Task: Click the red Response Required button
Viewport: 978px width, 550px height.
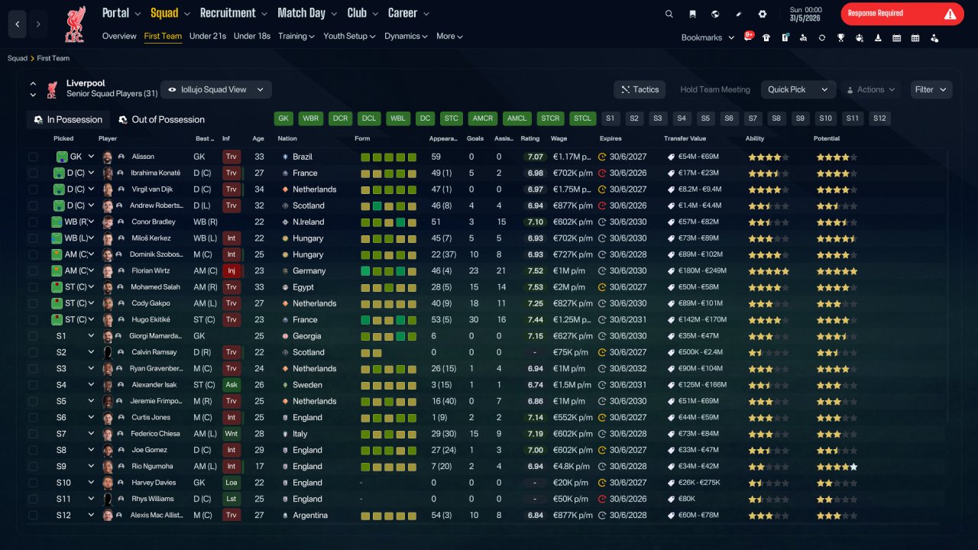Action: pyautogui.click(x=902, y=14)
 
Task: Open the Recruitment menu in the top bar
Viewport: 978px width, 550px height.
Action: pyautogui.click(x=233, y=13)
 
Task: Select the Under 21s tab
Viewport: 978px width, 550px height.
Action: pyautogui.click(x=207, y=36)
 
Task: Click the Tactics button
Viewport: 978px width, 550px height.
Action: pyautogui.click(x=640, y=89)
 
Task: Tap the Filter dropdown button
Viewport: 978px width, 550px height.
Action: pyautogui.click(x=931, y=89)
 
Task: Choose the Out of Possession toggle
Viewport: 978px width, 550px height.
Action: pyautogui.click(x=162, y=120)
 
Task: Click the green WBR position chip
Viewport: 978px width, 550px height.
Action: pyautogui.click(x=310, y=118)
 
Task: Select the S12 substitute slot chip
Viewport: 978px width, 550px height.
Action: pyautogui.click(x=879, y=118)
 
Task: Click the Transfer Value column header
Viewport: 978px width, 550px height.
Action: pyautogui.click(x=685, y=138)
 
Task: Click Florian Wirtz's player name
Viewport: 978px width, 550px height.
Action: pyautogui.click(x=151, y=270)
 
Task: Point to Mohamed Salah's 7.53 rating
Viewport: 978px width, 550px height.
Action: pyautogui.click(x=536, y=287)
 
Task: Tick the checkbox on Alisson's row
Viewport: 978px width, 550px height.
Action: pyautogui.click(x=33, y=157)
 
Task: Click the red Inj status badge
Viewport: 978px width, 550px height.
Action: pyautogui.click(x=232, y=270)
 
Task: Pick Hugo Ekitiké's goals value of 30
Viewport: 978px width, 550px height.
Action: pyautogui.click(x=474, y=319)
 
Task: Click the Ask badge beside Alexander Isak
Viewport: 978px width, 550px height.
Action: pyautogui.click(x=232, y=384)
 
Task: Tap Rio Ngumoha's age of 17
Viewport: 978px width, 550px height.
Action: pyautogui.click(x=259, y=466)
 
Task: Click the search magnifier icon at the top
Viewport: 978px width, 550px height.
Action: pyautogui.click(x=669, y=14)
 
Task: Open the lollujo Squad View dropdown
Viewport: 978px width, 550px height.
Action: pyautogui.click(x=216, y=89)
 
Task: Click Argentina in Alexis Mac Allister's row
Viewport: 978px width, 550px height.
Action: pyautogui.click(x=310, y=515)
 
